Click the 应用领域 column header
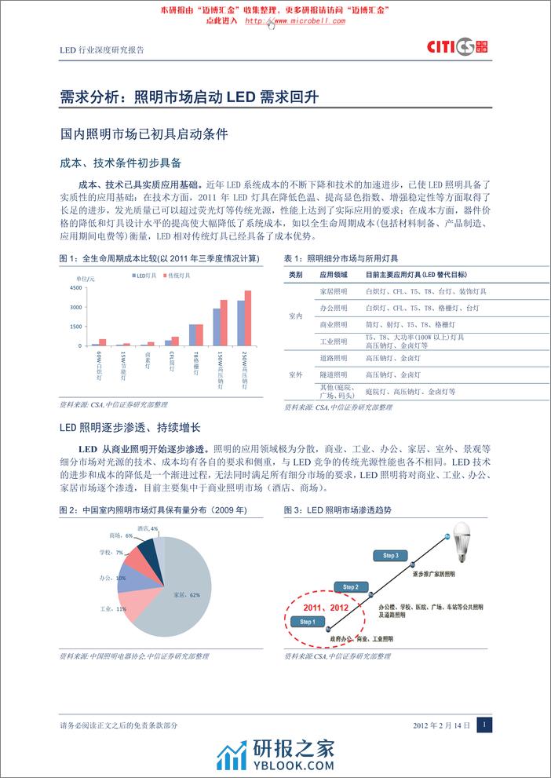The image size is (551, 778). click(x=334, y=275)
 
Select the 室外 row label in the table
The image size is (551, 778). click(x=295, y=375)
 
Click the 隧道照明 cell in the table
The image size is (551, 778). click(x=334, y=375)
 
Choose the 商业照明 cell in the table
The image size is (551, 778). click(x=334, y=324)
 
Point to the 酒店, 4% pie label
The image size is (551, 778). click(x=148, y=528)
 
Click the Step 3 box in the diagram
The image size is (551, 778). click(x=390, y=556)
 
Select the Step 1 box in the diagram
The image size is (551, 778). click(x=308, y=623)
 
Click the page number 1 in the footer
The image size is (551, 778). click(x=484, y=726)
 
